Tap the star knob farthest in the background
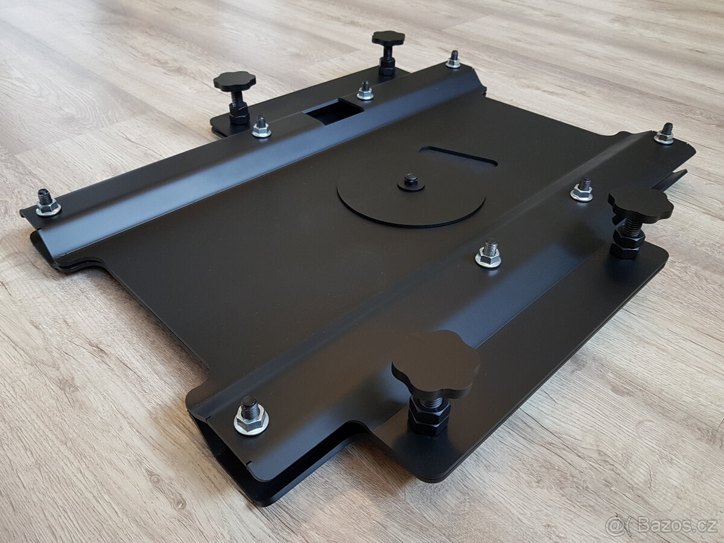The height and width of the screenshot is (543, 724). pyautogui.click(x=388, y=39)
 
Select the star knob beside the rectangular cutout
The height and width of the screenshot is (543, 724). pyautogui.click(x=235, y=81)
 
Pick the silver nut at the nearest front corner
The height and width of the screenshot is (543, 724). pyautogui.click(x=252, y=420)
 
